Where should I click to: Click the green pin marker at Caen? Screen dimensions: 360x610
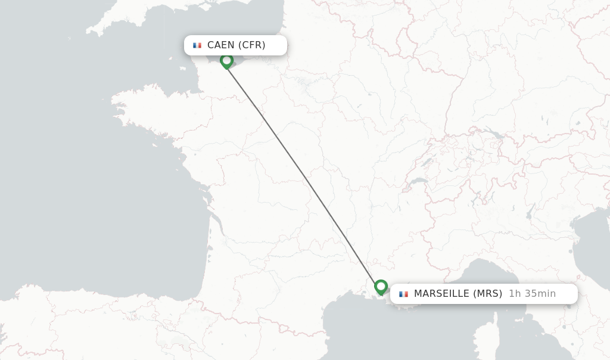pyautogui.click(x=226, y=61)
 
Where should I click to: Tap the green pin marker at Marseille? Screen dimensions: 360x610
pyautogui.click(x=381, y=287)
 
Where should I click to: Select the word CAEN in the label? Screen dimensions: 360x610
pyautogui.click(x=221, y=45)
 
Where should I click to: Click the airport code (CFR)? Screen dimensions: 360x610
pyautogui.click(x=252, y=45)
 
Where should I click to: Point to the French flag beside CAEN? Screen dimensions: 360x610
pyautogui.click(x=197, y=45)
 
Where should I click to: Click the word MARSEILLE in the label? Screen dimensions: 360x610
pyautogui.click(x=441, y=293)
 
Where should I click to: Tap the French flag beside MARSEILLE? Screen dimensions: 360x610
pyautogui.click(x=403, y=294)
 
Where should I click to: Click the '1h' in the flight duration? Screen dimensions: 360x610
pyautogui.click(x=515, y=293)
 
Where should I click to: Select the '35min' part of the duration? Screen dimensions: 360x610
pyautogui.click(x=540, y=293)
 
